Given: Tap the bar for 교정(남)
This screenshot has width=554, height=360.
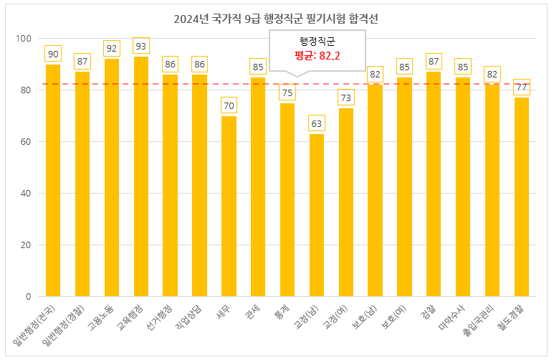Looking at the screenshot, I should [317, 215].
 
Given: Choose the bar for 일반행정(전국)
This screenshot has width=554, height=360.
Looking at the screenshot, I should [53, 180].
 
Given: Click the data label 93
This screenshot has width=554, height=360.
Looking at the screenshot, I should [141, 46].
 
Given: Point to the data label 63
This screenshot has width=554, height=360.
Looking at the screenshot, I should [317, 123].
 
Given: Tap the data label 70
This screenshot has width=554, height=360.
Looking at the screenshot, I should [229, 105].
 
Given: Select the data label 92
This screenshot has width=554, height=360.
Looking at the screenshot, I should [112, 48].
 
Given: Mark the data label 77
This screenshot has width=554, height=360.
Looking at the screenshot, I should [522, 87].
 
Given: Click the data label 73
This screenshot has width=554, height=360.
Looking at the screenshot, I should [346, 98].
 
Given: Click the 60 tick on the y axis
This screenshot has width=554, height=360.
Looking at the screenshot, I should [26, 142].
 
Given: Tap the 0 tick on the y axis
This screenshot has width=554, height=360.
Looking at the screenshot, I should [29, 297].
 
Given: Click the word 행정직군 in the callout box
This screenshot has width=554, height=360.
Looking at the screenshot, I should [317, 41].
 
